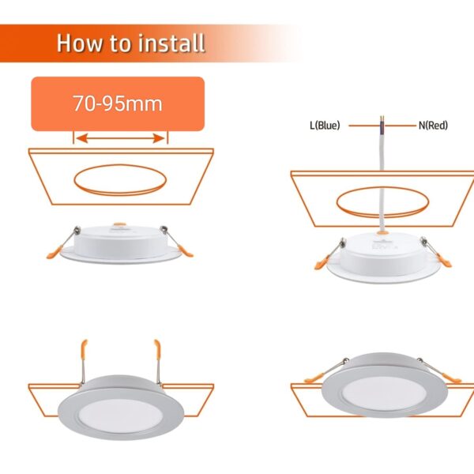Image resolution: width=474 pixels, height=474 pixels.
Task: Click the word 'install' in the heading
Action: (x=172, y=43)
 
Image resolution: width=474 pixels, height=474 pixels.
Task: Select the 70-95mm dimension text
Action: (x=118, y=103)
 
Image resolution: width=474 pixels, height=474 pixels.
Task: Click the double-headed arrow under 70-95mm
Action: (x=120, y=138)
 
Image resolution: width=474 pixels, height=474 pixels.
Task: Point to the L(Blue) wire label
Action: (x=325, y=125)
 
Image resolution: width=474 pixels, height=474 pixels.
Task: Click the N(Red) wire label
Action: (x=433, y=125)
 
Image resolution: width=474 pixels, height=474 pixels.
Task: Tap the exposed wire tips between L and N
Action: (x=382, y=118)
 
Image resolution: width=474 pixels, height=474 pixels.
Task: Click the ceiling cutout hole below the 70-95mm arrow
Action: (x=120, y=179)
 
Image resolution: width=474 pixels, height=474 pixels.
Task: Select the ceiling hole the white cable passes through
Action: (x=382, y=201)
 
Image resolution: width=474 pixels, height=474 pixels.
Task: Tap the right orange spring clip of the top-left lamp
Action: (x=186, y=251)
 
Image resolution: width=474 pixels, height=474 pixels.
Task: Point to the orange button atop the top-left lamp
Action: (x=120, y=224)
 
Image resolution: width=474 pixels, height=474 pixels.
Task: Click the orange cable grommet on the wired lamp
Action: (x=382, y=233)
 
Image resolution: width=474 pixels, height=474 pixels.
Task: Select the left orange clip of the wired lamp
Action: (x=322, y=262)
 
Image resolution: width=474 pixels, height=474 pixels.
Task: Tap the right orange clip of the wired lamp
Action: (x=444, y=261)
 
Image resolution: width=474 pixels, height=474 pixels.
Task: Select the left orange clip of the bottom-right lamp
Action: (x=314, y=378)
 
